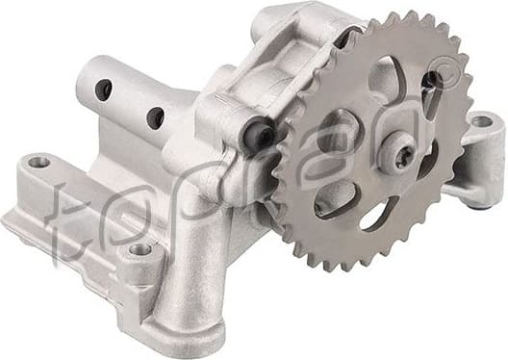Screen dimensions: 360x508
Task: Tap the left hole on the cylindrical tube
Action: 103,90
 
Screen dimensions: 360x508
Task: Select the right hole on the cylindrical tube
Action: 154,117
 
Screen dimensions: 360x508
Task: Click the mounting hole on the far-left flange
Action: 38,162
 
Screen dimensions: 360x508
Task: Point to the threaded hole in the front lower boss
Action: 140,249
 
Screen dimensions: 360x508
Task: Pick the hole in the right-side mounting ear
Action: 480,121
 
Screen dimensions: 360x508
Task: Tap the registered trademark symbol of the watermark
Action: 437,75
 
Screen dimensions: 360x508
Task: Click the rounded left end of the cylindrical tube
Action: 86,79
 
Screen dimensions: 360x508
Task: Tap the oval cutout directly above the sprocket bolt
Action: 385,79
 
